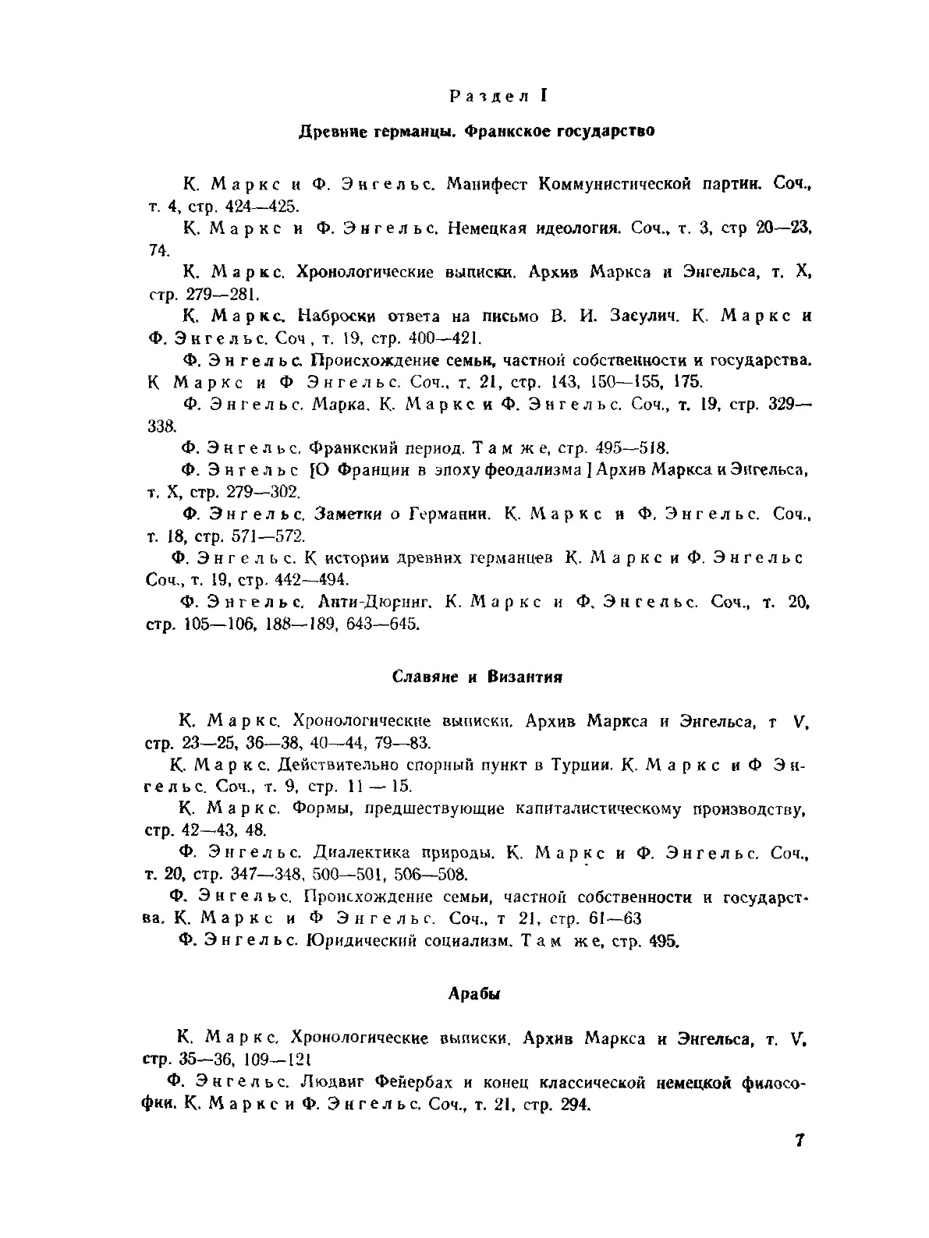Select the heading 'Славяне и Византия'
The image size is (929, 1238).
477,677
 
